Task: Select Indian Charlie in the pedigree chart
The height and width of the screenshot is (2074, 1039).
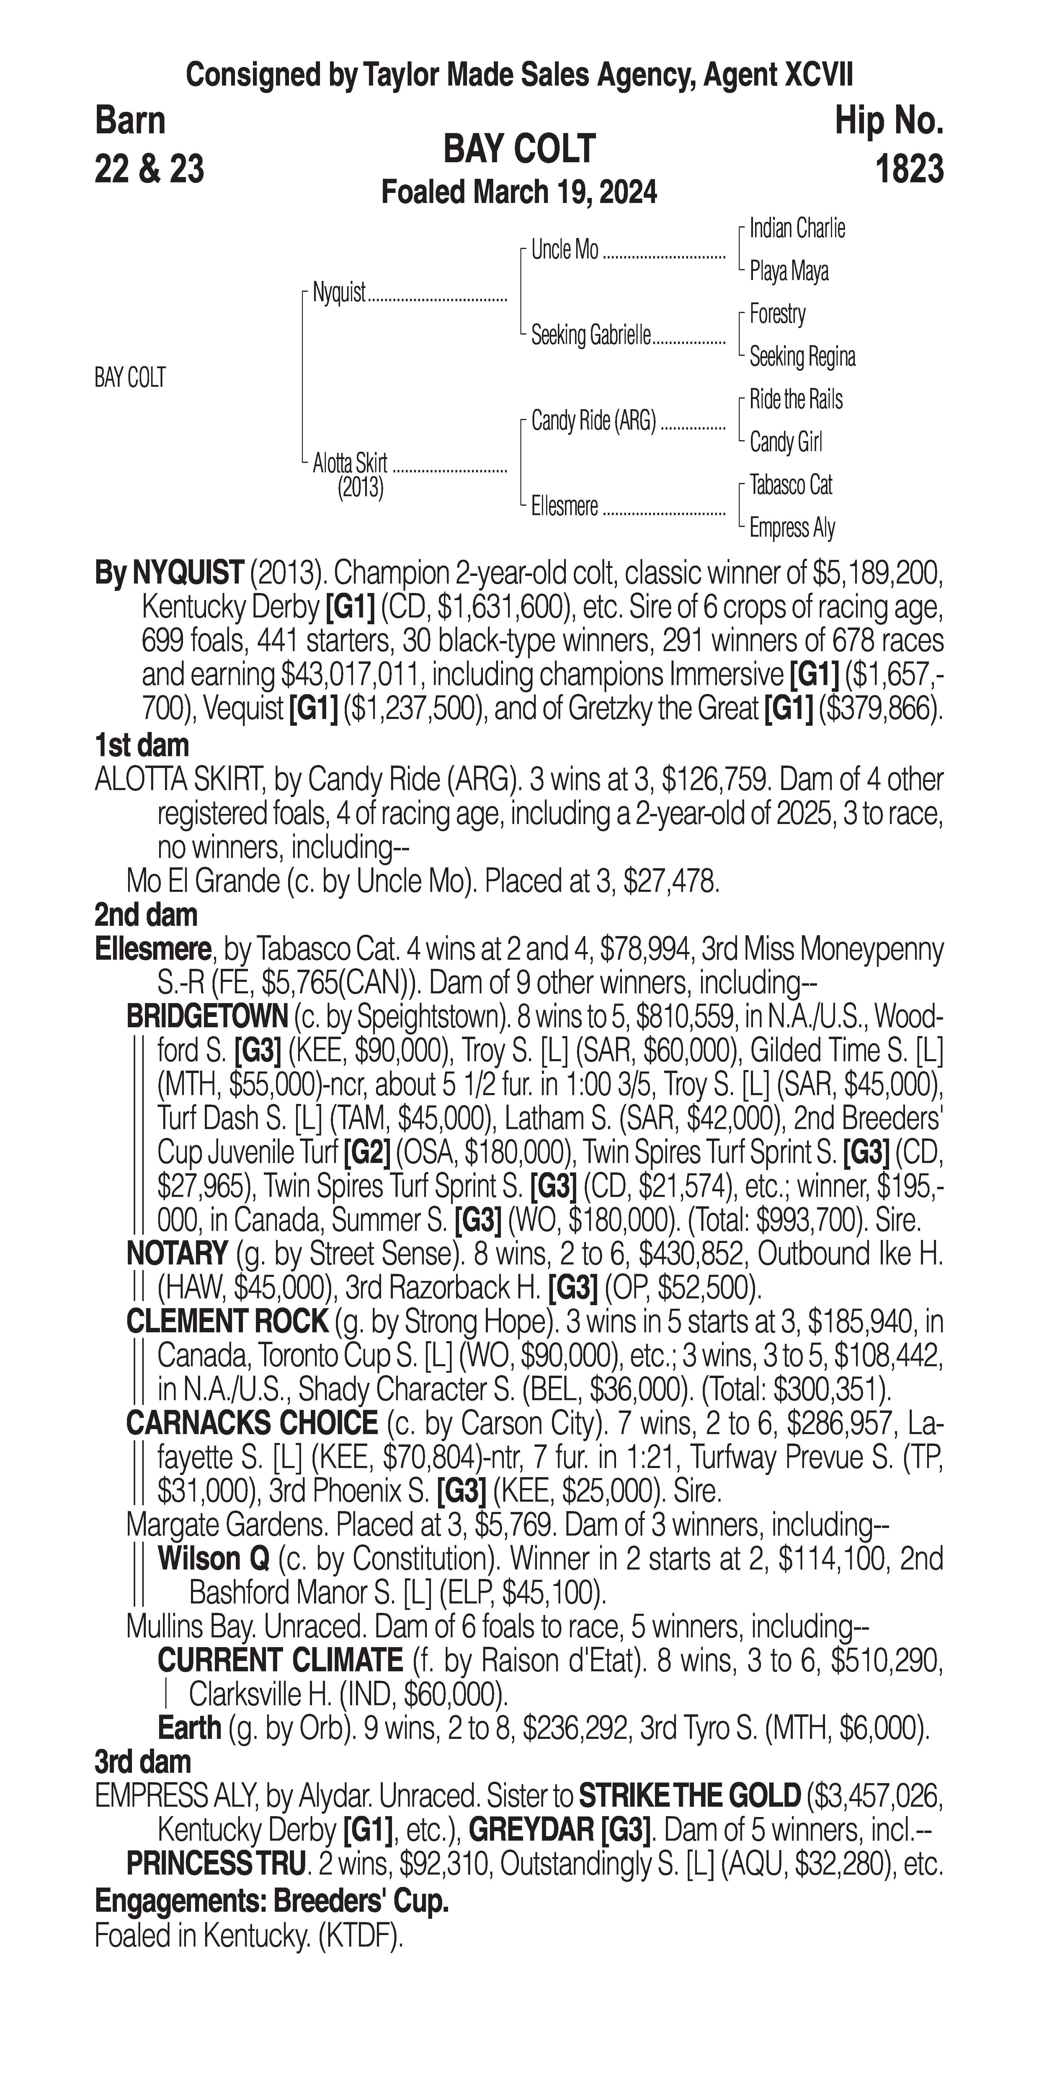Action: click(x=797, y=229)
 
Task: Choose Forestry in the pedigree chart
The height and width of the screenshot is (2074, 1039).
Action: click(x=777, y=314)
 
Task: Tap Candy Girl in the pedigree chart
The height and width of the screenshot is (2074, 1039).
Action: click(x=785, y=442)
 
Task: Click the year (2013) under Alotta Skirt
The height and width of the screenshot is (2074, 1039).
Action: click(x=360, y=488)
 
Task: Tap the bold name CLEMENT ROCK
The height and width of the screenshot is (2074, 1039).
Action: click(x=227, y=1321)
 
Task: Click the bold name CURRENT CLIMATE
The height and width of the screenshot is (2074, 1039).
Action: click(x=280, y=1660)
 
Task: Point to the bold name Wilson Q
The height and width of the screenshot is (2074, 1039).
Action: click(x=213, y=1559)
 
